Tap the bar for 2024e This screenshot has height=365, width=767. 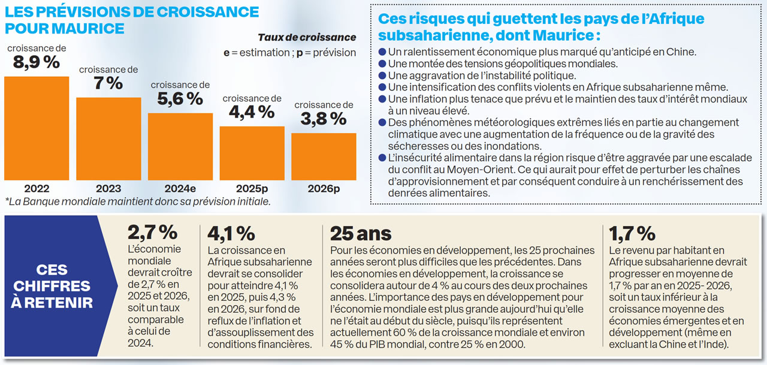tap(180, 146)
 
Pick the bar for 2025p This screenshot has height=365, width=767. tap(252, 153)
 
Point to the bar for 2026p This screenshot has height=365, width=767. tap(324, 156)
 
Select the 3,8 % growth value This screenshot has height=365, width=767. tap(324, 119)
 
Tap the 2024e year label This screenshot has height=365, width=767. tap(180, 188)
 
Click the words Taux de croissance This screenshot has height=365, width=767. tap(306, 37)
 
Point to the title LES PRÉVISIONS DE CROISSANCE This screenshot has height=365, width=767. tap(132, 12)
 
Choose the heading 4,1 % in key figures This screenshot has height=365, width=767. tap(231, 233)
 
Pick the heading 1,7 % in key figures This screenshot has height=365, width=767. tap(632, 233)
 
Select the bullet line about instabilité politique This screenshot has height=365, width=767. tap(482, 76)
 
